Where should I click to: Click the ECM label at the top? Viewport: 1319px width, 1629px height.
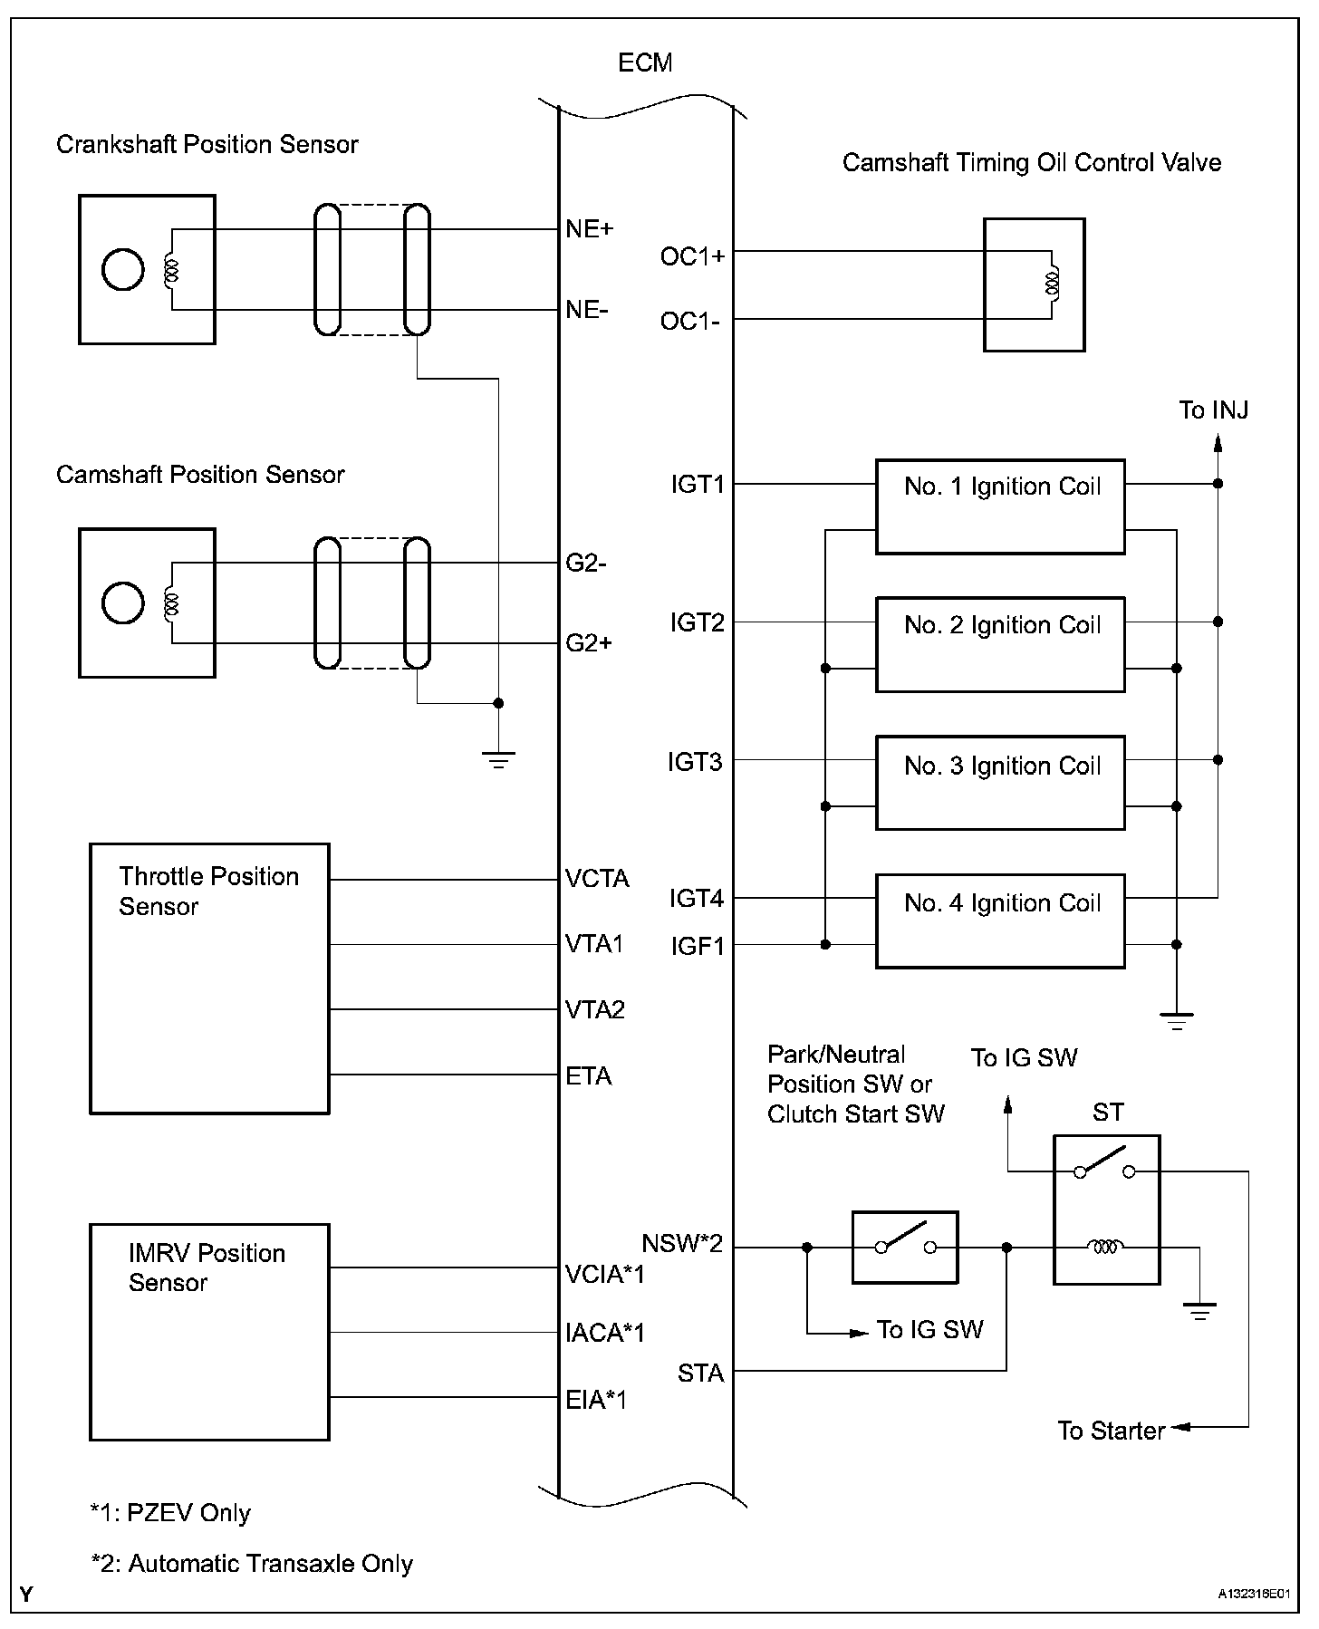pos(645,63)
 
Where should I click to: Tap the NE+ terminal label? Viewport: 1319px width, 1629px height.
pos(590,229)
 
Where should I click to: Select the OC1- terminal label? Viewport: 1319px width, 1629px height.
pos(690,321)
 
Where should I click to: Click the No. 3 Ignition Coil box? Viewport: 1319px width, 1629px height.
pos(1000,783)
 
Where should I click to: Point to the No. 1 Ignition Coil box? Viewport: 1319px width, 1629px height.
pos(1000,506)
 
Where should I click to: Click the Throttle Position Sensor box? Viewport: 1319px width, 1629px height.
pos(209,978)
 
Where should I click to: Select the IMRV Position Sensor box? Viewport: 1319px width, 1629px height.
pos(209,1332)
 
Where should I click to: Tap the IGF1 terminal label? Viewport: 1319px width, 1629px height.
pos(698,947)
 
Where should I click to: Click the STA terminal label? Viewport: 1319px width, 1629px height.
pos(701,1374)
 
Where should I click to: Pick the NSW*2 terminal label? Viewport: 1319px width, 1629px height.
pos(682,1243)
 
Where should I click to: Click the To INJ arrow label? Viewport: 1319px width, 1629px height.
pos(1214,410)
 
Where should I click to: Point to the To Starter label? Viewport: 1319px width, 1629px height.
pos(1112,1431)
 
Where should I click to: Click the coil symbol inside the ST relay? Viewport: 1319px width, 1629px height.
pos(1105,1248)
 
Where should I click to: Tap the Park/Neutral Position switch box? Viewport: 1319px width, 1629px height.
pos(905,1248)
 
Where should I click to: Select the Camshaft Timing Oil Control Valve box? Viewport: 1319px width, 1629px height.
pos(1035,284)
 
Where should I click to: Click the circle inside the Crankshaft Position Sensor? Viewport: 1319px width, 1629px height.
pos(123,269)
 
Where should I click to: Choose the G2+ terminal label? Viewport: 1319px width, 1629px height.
pos(589,643)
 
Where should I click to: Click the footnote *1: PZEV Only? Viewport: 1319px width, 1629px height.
pos(170,1512)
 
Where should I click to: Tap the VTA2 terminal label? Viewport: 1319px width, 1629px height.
pos(595,1010)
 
